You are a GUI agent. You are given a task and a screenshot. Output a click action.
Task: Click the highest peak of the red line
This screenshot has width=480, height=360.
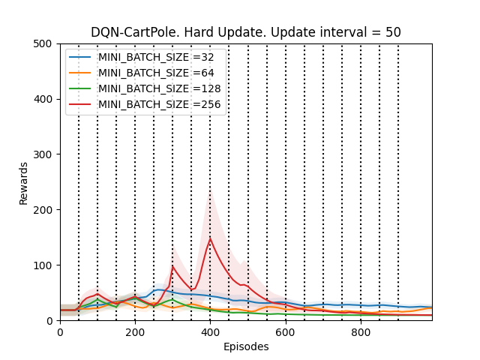pos(210,238)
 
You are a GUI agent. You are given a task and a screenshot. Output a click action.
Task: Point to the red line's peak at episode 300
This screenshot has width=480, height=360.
pos(173,265)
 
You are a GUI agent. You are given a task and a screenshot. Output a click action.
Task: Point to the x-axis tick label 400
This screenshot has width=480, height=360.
pos(210,332)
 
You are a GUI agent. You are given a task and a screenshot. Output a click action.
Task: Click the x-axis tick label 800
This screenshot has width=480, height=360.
pos(361,332)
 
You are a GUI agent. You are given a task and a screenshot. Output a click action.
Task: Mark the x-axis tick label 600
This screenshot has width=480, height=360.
pos(286,332)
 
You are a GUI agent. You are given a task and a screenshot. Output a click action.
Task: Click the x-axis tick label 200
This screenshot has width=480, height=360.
pos(135,332)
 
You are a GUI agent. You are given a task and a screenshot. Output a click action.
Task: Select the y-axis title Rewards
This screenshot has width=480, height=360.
pos(24,182)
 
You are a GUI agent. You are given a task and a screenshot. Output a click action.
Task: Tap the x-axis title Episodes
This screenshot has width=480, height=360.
pos(246,346)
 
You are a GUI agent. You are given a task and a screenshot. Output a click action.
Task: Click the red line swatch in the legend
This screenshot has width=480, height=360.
pos(81,104)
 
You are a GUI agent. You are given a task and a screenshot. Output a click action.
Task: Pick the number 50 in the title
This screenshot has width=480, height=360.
pos(393,32)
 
